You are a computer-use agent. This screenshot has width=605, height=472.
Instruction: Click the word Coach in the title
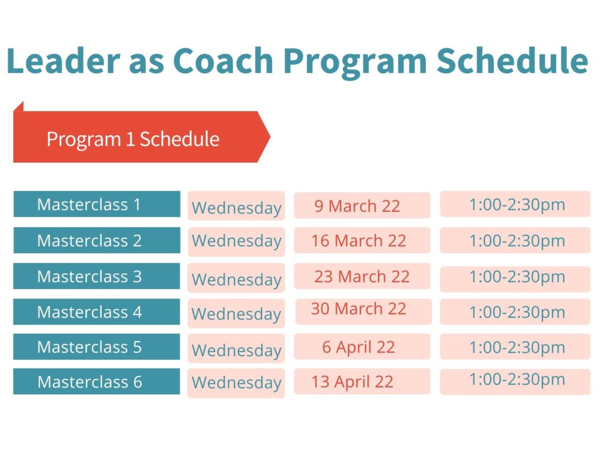(223, 61)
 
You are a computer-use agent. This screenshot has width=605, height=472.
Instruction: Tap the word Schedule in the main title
(512, 61)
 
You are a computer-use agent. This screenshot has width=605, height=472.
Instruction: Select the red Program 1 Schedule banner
(142, 137)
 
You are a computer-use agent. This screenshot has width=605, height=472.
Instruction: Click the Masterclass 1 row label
(97, 204)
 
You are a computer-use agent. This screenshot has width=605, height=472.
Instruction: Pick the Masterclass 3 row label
(96, 276)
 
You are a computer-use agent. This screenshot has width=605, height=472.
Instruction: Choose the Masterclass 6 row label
(96, 382)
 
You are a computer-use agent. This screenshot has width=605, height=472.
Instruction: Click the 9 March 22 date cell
(362, 205)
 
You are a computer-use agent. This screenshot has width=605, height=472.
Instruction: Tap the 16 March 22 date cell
(362, 240)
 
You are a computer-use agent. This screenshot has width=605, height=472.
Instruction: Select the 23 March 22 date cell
(362, 276)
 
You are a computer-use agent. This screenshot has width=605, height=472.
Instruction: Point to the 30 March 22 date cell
(363, 312)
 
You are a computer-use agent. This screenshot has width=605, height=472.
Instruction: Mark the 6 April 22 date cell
(362, 347)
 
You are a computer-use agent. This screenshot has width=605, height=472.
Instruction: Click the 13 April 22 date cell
(362, 382)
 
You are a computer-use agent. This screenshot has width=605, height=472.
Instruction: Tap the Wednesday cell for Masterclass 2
(236, 241)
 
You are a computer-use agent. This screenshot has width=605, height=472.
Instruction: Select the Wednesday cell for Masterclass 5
(236, 348)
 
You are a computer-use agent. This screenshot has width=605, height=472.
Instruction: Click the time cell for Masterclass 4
(515, 312)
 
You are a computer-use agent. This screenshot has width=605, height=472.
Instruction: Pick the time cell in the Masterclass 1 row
(515, 204)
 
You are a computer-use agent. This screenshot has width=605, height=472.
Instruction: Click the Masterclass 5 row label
(96, 347)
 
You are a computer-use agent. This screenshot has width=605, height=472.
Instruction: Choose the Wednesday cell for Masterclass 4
(236, 313)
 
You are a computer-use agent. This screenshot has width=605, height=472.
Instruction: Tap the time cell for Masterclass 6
(515, 382)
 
